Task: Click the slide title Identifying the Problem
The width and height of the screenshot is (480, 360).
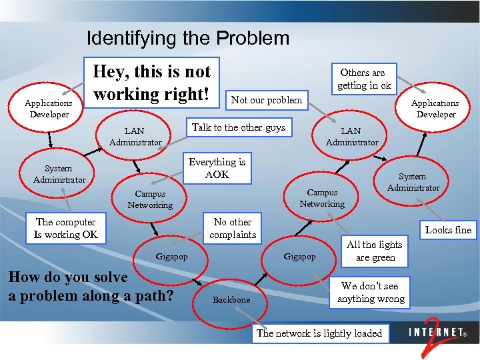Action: point(188,38)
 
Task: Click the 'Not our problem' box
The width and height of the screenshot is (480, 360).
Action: point(266,100)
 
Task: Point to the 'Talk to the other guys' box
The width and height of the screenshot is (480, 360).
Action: point(238,127)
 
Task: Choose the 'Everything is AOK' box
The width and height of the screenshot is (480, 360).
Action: point(217,168)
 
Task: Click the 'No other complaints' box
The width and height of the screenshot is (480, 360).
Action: point(233,228)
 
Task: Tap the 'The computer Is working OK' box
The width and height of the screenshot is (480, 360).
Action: point(66,228)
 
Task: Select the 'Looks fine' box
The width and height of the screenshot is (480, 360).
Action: point(448,230)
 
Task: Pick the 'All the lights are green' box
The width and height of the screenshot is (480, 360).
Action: point(375,251)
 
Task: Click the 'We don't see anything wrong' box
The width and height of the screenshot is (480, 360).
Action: point(371,292)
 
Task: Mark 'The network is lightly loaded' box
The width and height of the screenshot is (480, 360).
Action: point(319,333)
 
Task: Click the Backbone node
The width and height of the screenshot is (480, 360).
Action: point(231,300)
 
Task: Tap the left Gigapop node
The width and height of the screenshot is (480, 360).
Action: point(171,256)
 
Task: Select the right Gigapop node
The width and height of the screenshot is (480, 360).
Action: point(300,256)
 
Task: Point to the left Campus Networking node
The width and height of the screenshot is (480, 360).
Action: point(150,199)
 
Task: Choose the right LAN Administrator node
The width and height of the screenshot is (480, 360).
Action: point(351,137)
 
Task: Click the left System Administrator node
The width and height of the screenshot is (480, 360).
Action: point(59,174)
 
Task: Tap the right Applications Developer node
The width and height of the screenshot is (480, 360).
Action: point(435,108)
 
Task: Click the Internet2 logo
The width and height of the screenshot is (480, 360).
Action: point(437,334)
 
